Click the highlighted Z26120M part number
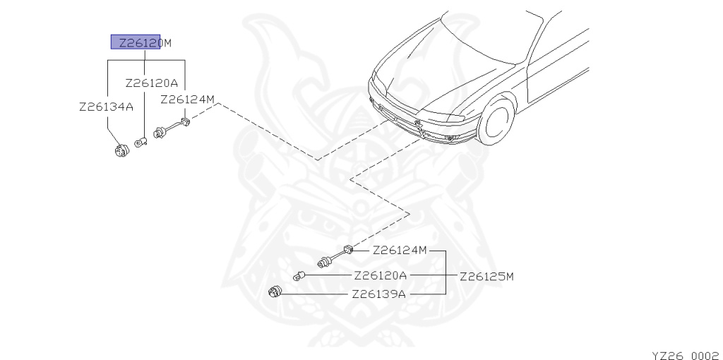[141, 42]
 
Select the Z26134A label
[106, 107]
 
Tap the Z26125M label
[486, 276]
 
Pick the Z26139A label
[378, 294]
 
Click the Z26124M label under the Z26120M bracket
[187, 100]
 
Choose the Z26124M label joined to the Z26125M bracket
[400, 250]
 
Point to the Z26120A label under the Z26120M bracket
[152, 83]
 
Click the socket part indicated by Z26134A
[123, 150]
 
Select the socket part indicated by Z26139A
[276, 291]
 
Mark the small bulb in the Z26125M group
[300, 275]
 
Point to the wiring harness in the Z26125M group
[335, 256]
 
